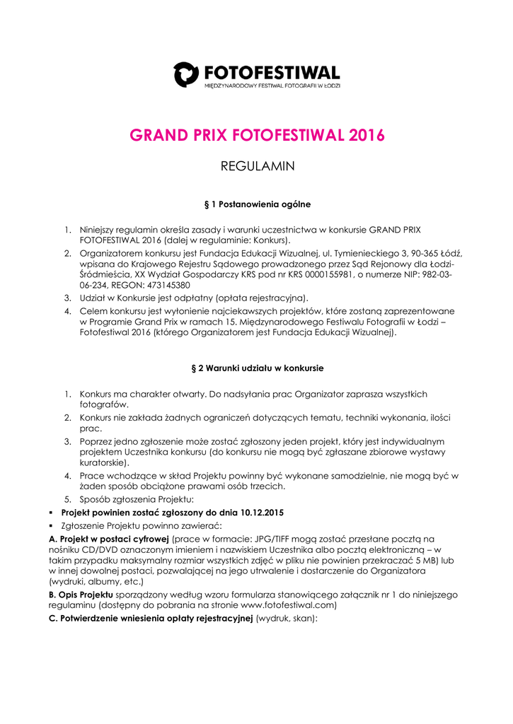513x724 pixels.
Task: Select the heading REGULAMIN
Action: click(257, 167)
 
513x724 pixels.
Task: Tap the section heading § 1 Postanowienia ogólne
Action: click(257, 204)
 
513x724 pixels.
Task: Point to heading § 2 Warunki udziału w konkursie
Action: click(257, 368)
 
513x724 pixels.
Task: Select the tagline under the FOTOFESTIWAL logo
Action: click(272, 86)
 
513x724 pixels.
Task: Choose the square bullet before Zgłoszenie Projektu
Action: click(52, 526)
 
